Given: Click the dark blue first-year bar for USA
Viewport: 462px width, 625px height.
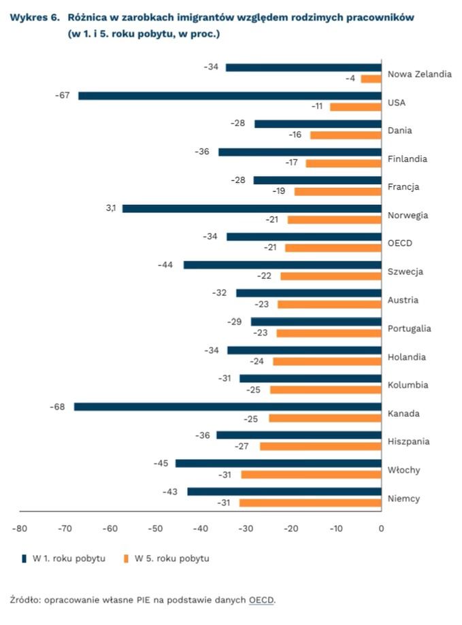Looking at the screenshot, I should [229, 96].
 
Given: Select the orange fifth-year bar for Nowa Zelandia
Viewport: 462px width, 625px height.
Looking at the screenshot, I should [371, 79].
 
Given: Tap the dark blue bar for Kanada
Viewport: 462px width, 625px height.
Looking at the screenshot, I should [227, 407].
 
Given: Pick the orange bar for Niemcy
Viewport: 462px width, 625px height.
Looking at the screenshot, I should [310, 503].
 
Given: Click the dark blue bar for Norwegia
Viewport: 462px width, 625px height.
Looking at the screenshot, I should [252, 209].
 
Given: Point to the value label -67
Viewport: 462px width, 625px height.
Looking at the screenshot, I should [63, 95].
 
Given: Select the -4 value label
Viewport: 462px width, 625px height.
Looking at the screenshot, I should [350, 79].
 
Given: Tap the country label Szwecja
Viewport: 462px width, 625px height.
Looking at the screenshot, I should [405, 271].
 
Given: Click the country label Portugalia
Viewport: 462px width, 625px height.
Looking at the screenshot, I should [409, 328].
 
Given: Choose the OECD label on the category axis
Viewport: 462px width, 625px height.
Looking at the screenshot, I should [399, 243].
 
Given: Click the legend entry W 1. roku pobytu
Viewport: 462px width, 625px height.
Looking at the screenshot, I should [64, 558].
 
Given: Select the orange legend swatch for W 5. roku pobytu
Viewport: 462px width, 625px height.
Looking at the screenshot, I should [125, 558].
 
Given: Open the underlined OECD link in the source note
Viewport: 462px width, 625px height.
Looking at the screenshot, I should [261, 599].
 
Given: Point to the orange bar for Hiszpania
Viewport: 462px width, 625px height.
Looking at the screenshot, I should [320, 446].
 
